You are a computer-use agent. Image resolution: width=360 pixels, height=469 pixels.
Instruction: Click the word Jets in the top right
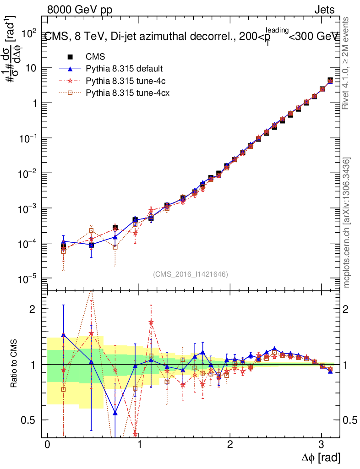pos(324,10)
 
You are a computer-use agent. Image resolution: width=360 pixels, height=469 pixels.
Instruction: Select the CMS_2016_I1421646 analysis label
pos(191,274)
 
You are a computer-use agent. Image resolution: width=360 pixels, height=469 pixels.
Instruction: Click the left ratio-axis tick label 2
pos(33,309)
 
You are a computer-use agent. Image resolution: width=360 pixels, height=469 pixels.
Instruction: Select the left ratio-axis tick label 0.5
pos(30,420)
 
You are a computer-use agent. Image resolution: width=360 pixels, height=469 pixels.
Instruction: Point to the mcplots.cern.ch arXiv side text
pos(347,223)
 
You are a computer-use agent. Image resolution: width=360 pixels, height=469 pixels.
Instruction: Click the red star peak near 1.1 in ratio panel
pos(151,322)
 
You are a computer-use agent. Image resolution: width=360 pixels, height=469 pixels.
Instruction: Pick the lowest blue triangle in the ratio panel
pos(115,413)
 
